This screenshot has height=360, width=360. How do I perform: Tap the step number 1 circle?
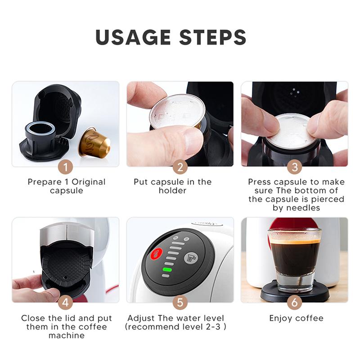pyautogui.click(x=65, y=167)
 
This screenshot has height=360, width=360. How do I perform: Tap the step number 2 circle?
pyautogui.click(x=180, y=167)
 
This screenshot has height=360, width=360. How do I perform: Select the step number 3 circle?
pyautogui.click(x=294, y=167)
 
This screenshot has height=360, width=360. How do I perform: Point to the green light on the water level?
pyautogui.click(x=167, y=270)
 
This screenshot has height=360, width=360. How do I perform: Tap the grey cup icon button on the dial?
pyautogui.click(x=191, y=258)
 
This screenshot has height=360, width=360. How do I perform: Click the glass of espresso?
pyautogui.click(x=294, y=256)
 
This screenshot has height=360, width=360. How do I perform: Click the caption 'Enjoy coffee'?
pyautogui.click(x=296, y=318)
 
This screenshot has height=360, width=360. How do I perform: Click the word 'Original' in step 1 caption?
pyautogui.click(x=88, y=182)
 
